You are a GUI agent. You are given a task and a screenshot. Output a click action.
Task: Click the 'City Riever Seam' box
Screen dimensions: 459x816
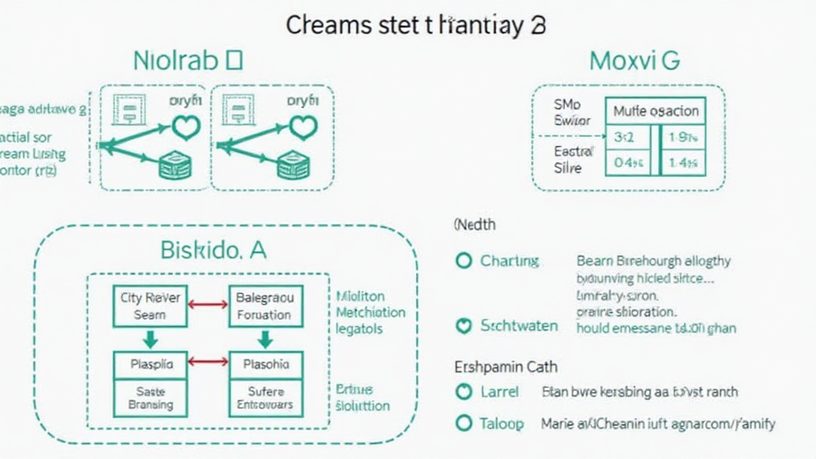click(151, 306)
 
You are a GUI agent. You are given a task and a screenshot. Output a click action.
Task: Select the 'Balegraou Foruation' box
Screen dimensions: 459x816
click(265, 306)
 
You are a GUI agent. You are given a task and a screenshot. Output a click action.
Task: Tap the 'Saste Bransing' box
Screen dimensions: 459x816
click(151, 398)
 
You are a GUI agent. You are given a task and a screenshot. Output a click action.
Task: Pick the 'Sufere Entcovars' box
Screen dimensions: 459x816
click(265, 398)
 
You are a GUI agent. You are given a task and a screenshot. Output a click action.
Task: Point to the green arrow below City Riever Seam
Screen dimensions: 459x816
click(151, 339)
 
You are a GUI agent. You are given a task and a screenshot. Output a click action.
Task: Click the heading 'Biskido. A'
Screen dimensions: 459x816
click(214, 251)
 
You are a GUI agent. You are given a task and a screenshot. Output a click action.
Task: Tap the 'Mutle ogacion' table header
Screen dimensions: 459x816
click(656, 112)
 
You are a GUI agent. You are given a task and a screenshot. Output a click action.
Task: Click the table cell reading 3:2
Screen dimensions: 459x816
click(625, 137)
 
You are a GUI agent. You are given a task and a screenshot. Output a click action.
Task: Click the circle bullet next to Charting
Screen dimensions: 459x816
click(463, 261)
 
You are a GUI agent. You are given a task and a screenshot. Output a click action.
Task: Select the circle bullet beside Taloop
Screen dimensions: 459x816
click(463, 424)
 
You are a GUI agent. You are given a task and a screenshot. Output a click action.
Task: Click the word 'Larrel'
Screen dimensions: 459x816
click(500, 392)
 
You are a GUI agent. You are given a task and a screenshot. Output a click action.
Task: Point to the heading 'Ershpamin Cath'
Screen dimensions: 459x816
click(506, 367)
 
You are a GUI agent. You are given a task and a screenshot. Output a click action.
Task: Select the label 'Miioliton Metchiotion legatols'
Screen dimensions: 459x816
click(370, 312)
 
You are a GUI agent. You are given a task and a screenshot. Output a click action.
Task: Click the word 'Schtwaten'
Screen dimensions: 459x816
click(519, 326)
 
